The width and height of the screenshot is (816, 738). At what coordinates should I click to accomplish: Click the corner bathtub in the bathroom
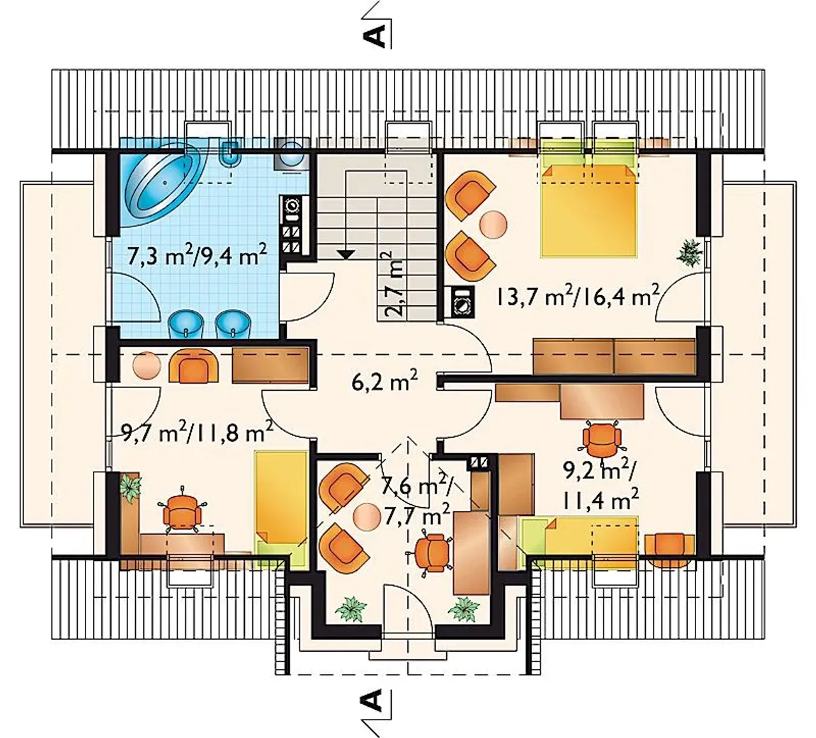(x=164, y=183)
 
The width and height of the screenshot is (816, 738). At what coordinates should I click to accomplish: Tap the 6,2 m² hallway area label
(x=384, y=382)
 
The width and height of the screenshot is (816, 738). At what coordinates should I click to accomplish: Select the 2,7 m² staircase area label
(x=390, y=284)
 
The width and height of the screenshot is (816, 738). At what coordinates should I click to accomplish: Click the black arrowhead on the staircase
(x=346, y=255)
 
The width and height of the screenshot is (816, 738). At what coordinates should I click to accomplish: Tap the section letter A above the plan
(x=374, y=36)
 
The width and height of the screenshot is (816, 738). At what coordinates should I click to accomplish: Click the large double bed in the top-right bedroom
(x=588, y=210)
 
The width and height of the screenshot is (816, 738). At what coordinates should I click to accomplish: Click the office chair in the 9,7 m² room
(x=182, y=509)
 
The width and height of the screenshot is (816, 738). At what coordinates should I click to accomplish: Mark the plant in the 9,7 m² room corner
(x=131, y=488)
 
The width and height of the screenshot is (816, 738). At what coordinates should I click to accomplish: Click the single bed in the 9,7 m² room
(x=280, y=509)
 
